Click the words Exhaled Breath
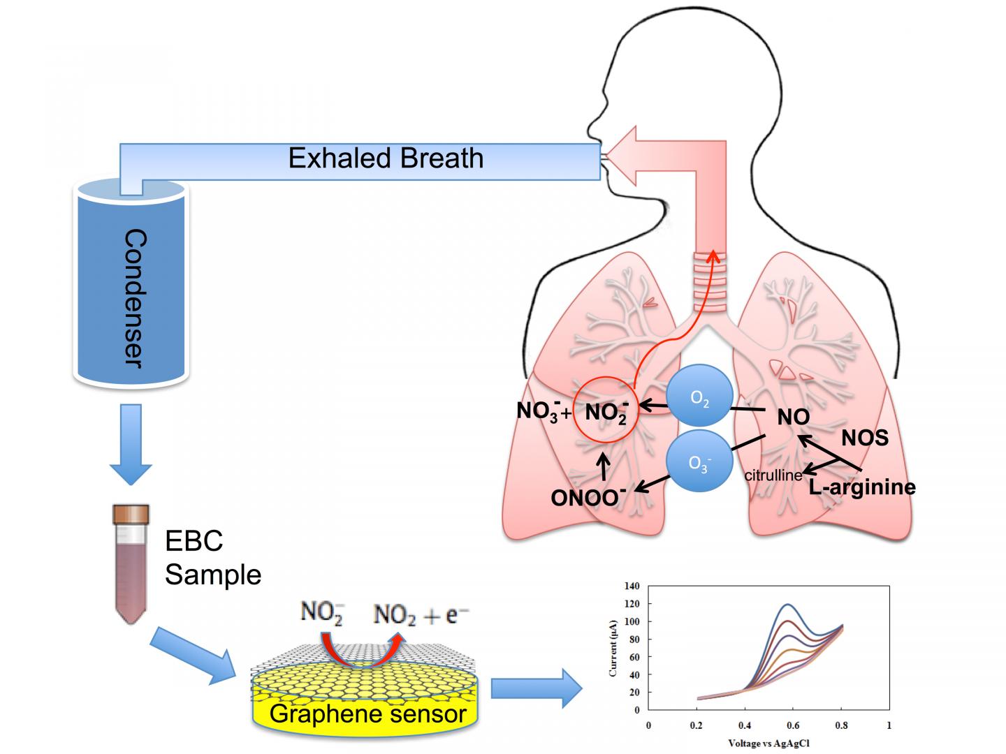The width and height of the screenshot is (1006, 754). coord(386,158)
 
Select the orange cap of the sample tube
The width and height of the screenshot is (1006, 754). coord(131,515)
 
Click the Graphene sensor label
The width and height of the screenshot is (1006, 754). coord(367,714)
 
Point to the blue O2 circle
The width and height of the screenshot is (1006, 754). coord(699,398)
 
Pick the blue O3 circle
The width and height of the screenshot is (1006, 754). coord(699,464)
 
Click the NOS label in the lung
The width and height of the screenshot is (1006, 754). coord(864,438)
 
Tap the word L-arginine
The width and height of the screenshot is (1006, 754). coord(862,486)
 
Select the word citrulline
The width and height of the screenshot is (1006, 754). coord(773,475)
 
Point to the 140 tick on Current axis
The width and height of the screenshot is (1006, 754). coord(632,586)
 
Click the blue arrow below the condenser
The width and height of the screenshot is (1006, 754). coord(131,444)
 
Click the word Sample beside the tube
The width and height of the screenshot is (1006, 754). coord(213,575)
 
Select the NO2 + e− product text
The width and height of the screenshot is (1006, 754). coord(421,615)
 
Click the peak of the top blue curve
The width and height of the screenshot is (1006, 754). coord(788,604)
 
